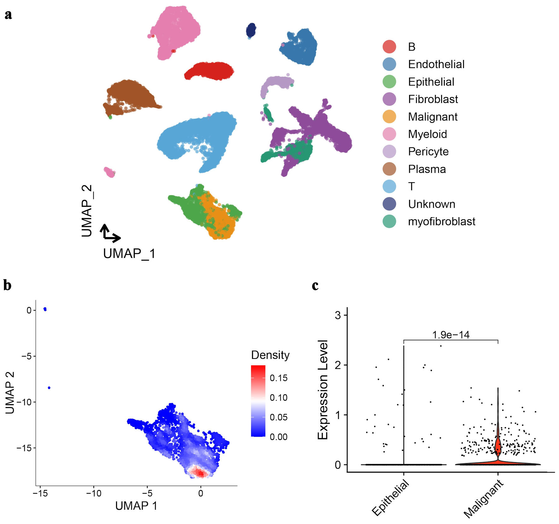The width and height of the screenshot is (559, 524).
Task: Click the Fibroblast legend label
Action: pyautogui.click(x=432, y=99)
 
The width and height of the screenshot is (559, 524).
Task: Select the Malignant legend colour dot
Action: pyautogui.click(x=389, y=117)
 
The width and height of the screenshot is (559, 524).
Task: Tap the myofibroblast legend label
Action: pyautogui.click(x=441, y=221)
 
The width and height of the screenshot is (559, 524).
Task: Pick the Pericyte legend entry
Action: pyautogui.click(x=428, y=152)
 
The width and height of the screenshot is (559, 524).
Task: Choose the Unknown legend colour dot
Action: pyautogui.click(x=389, y=204)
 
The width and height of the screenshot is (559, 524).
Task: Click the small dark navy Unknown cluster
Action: pyautogui.click(x=251, y=31)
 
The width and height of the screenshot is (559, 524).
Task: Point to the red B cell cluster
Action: pyautogui.click(x=209, y=71)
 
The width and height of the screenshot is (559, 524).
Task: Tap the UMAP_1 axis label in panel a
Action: pyautogui.click(x=129, y=253)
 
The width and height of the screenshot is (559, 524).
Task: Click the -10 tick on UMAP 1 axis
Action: pyautogui.click(x=94, y=493)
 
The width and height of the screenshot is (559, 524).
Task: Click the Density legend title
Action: pyautogui.click(x=270, y=355)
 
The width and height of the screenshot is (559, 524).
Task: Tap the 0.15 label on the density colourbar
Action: pyautogui.click(x=279, y=378)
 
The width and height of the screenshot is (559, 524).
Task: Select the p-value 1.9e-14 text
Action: pyautogui.click(x=450, y=335)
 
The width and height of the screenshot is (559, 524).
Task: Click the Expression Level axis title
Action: pyautogui.click(x=323, y=390)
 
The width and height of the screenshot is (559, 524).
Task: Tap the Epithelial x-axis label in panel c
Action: pyautogui.click(x=391, y=498)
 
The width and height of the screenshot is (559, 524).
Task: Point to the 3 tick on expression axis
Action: pyautogui.click(x=338, y=315)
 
